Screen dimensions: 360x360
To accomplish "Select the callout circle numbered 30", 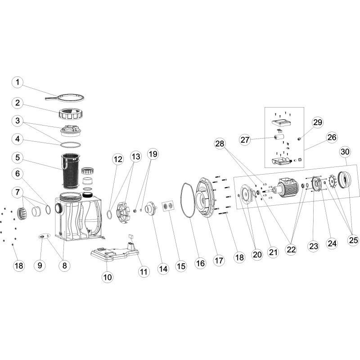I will click(x=345, y=152).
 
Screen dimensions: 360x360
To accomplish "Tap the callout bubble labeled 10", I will click(x=107, y=278).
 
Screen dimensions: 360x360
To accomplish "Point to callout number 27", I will click(x=245, y=140).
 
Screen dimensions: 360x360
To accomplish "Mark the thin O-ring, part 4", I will click(x=71, y=144).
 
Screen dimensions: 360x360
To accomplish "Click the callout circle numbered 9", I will click(x=40, y=266).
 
